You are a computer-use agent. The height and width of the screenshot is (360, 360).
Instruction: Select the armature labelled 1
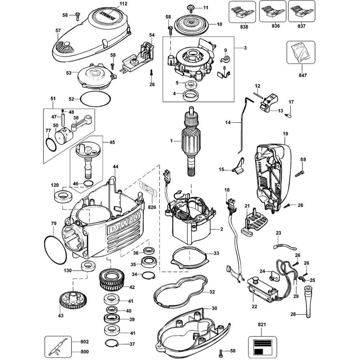click(191, 140)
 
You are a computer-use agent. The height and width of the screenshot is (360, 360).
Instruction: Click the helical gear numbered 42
click(111, 281)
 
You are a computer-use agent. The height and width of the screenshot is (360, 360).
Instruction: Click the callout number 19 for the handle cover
click(285, 134)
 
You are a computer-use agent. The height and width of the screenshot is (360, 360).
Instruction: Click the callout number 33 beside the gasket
click(216, 253)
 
